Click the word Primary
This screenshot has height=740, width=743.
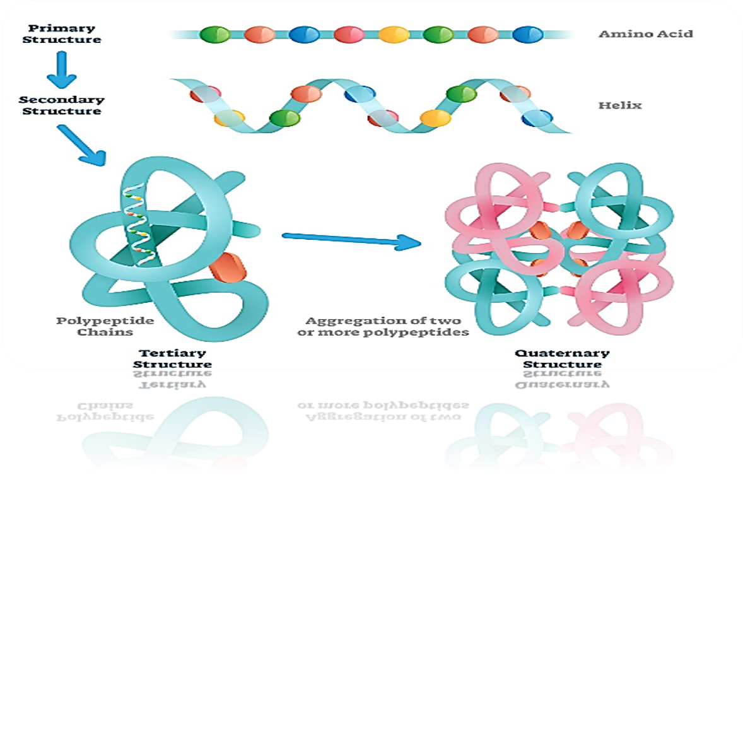click(62, 28)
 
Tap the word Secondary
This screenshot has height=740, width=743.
click(62, 100)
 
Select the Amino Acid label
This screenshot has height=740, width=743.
click(645, 34)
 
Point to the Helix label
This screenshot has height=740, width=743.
click(619, 105)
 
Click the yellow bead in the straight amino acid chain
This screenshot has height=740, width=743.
click(394, 35)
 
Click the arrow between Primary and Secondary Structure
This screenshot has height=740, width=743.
click(62, 69)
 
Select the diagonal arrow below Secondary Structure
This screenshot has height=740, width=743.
click(82, 145)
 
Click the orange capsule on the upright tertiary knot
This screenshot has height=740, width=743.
click(228, 267)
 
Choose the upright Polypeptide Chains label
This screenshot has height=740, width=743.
click(105, 326)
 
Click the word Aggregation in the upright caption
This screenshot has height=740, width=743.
click(346, 320)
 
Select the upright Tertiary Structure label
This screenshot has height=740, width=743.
click(172, 358)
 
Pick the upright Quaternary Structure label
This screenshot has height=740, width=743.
click(562, 358)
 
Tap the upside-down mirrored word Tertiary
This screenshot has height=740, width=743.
click(172, 384)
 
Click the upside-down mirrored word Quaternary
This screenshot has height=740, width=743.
click(562, 384)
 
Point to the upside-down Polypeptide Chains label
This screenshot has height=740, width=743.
click(105, 411)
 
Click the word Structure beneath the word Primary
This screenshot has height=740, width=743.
click(62, 40)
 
